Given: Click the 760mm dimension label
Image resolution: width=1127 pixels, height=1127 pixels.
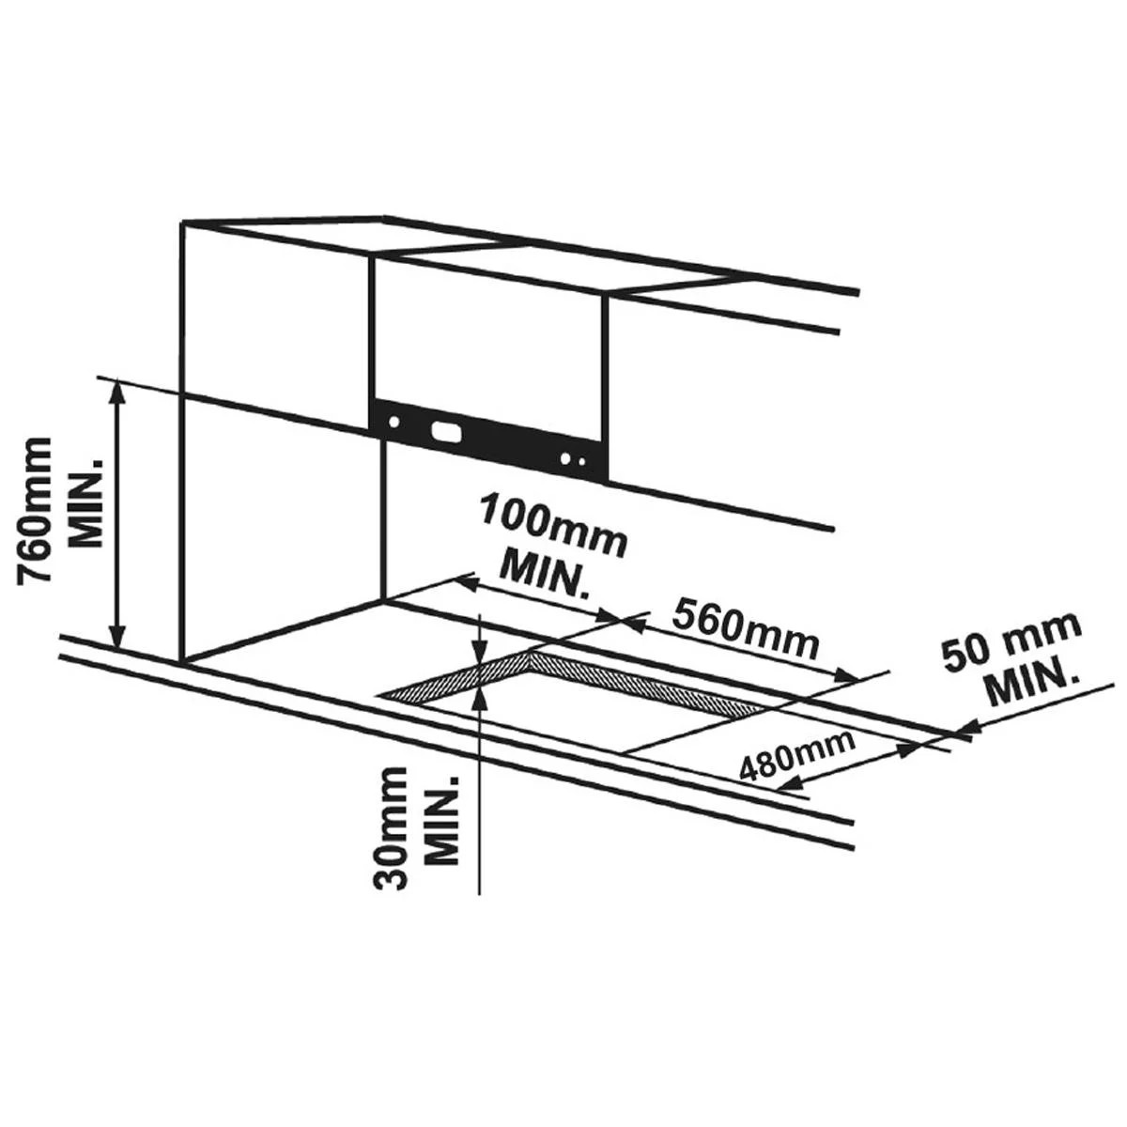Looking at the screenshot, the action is [35, 511].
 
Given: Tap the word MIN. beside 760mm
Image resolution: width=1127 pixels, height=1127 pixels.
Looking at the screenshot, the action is [86, 503].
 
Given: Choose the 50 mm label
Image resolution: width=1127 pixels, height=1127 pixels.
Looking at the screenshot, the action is [1011, 643].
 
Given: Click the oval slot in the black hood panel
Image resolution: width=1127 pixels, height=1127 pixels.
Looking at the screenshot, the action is [445, 432].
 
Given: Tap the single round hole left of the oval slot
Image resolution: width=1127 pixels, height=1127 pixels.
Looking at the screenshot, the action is [395, 421].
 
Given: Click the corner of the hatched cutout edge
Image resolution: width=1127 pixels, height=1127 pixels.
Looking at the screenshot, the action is [530, 654].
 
